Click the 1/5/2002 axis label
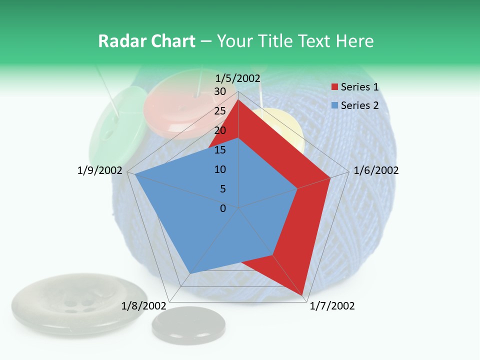pyautogui.click(x=238, y=78)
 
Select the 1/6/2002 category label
pyautogui.click(x=376, y=170)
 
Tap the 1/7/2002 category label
pyautogui.click(x=332, y=306)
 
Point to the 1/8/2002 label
pyautogui.click(x=143, y=306)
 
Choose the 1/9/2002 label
pyautogui.click(x=99, y=170)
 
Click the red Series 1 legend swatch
pyautogui.click(x=334, y=87)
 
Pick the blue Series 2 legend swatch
pyautogui.click(x=334, y=105)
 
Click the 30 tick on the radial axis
pyautogui.click(x=220, y=91)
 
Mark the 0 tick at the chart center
pyautogui.click(x=223, y=208)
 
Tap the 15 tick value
pyautogui.click(x=220, y=150)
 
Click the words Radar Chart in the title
pyautogui.click(x=146, y=41)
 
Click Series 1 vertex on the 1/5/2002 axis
pyautogui.click(x=238, y=99)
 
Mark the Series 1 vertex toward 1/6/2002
pyautogui.click(x=330, y=177)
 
